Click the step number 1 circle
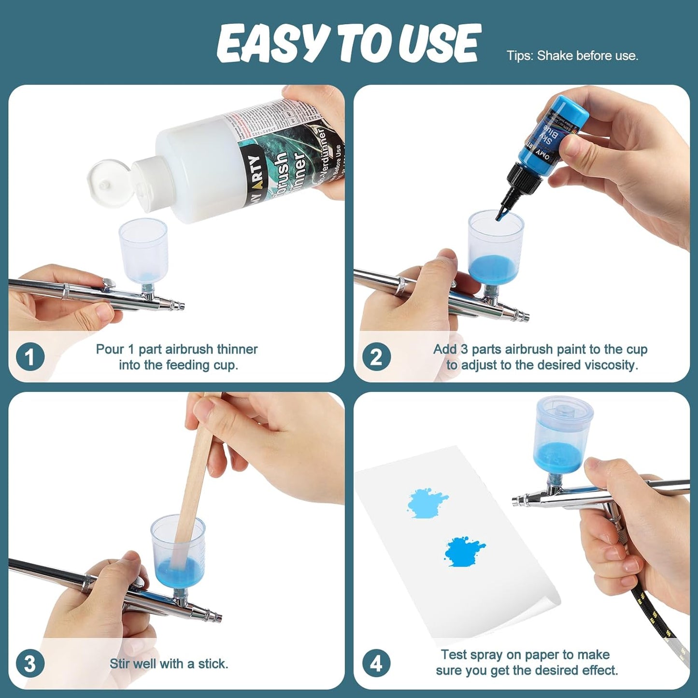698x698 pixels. (30, 357)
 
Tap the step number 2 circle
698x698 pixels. (376, 357)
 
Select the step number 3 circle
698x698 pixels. (30, 664)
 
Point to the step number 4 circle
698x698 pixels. (376, 664)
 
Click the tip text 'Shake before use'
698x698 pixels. (587, 56)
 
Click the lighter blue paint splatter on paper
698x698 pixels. (426, 503)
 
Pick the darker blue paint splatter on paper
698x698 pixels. (464, 551)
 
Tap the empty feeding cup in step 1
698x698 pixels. (143, 249)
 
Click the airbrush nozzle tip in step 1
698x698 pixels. (181, 306)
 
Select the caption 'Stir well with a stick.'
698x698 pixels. (169, 664)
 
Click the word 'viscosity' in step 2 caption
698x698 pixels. (611, 365)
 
